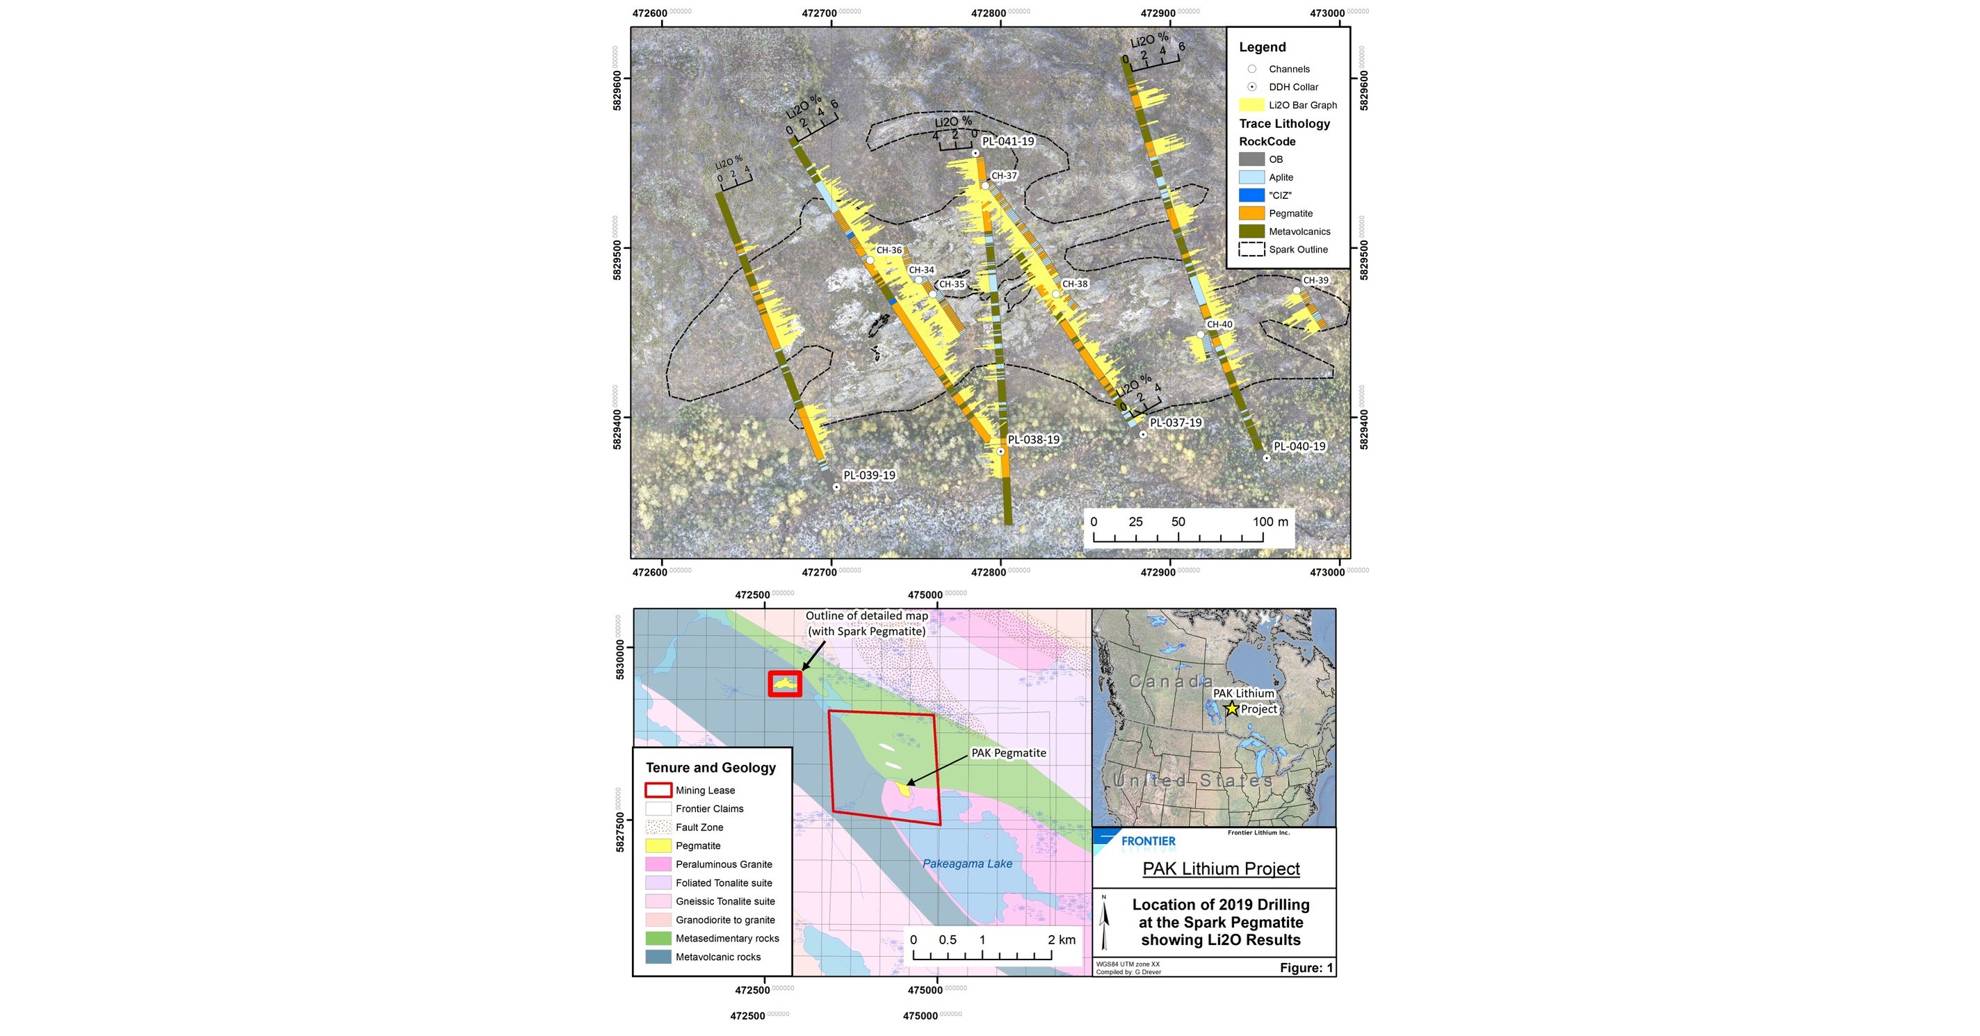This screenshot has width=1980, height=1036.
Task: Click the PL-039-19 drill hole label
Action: point(868,475)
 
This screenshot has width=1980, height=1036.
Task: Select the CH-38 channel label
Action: point(1075,284)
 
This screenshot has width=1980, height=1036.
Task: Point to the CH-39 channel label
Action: point(1315,280)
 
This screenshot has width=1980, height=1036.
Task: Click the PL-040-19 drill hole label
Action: point(1299,446)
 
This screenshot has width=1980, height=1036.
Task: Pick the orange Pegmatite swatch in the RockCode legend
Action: point(1251,213)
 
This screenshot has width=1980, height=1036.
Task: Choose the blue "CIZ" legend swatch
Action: point(1251,195)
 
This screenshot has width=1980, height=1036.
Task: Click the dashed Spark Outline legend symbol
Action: point(1251,249)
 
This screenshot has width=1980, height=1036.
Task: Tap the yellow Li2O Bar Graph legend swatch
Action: point(1251,105)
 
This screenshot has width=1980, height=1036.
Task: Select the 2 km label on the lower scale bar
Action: point(1062,939)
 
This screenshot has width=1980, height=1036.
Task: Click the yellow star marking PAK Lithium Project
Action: point(1231,709)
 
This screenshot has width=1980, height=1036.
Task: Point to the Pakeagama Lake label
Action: point(967,863)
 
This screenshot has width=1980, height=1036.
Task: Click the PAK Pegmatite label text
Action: point(1009,752)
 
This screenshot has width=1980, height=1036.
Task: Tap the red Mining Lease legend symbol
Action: point(658,790)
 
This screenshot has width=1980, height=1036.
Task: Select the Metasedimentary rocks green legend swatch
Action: point(658,939)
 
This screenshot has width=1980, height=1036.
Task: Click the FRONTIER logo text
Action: point(1148,841)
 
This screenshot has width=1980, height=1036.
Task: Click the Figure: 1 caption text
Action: point(1306,968)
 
